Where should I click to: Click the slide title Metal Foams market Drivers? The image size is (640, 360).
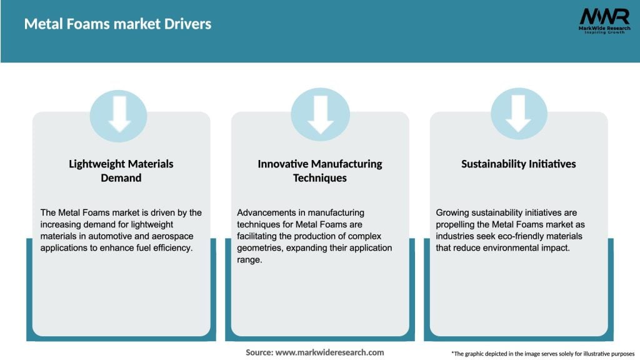tap(117, 24)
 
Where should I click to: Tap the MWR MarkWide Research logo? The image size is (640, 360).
tap(604, 21)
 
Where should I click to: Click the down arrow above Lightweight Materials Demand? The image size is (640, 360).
tap(119, 114)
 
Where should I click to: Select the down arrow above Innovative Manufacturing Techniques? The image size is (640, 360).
tap(321, 115)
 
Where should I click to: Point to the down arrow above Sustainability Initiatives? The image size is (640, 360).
tap(518, 114)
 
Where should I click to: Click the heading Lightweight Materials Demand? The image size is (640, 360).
tap(121, 171)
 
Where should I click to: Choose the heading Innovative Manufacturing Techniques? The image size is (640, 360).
tap(320, 171)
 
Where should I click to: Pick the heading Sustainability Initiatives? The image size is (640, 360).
tap(518, 164)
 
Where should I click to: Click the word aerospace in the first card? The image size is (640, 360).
tap(172, 236)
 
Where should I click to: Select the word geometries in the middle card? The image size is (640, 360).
tap(259, 248)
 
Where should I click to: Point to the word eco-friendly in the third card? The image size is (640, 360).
tap(524, 236)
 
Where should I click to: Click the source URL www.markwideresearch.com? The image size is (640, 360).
tap(330, 352)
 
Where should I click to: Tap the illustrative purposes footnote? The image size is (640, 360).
tap(543, 354)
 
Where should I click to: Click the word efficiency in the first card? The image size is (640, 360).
tap(172, 247)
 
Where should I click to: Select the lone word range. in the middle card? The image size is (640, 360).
tap(249, 260)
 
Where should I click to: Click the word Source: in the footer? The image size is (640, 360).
tap(259, 352)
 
